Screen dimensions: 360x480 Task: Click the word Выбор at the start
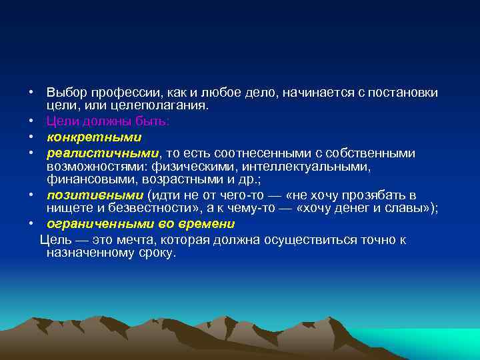65,91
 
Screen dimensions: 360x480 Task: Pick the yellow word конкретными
94,137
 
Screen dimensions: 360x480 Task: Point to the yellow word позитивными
95,195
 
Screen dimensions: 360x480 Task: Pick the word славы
408,209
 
